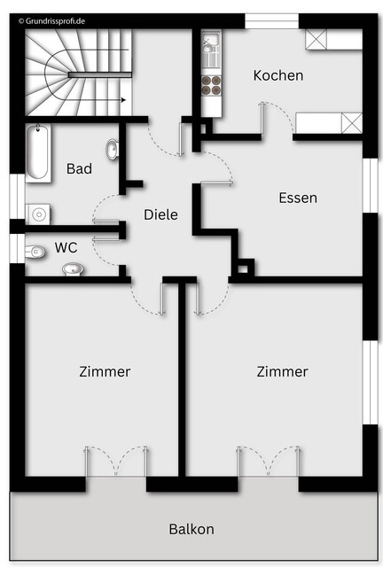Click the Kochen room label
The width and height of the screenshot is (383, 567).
277,76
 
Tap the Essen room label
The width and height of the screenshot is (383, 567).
297,198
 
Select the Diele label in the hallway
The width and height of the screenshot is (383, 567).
160,214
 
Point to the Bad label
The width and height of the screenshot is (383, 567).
79,168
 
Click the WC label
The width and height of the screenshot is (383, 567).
66,247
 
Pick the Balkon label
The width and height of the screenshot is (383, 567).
191,529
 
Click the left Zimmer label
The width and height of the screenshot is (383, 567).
104,371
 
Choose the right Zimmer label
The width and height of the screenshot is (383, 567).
282,371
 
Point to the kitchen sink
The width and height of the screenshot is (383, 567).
211,46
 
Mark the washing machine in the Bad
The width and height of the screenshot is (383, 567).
38,214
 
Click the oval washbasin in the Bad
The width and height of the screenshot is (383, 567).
113,150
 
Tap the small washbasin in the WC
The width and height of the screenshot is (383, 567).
73,268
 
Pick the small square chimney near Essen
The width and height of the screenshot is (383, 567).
244,265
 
